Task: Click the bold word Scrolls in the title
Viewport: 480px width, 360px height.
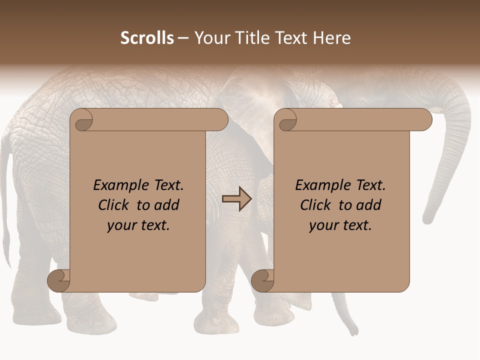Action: pos(147,38)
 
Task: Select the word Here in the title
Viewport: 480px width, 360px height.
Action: pos(331,38)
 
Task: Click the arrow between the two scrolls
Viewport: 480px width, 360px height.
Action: pos(236,199)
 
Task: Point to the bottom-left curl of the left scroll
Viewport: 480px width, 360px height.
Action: pos(59,280)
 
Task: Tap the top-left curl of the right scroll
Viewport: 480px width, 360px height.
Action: pos(286,120)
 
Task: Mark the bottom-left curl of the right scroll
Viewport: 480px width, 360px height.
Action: pos(262,280)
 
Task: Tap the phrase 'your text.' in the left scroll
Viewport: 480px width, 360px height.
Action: pos(138,225)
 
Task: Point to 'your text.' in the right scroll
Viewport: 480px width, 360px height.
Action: pos(340,225)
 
